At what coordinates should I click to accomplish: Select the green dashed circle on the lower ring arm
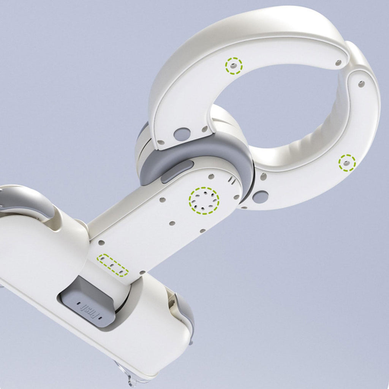click(x=347, y=163)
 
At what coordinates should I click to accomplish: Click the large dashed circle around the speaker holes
click(x=204, y=201)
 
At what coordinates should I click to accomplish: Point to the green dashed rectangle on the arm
click(x=112, y=265)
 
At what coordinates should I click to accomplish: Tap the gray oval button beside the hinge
click(x=177, y=171)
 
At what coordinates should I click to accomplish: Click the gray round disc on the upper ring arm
click(x=182, y=134)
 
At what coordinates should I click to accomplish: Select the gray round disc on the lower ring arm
click(x=261, y=196)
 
